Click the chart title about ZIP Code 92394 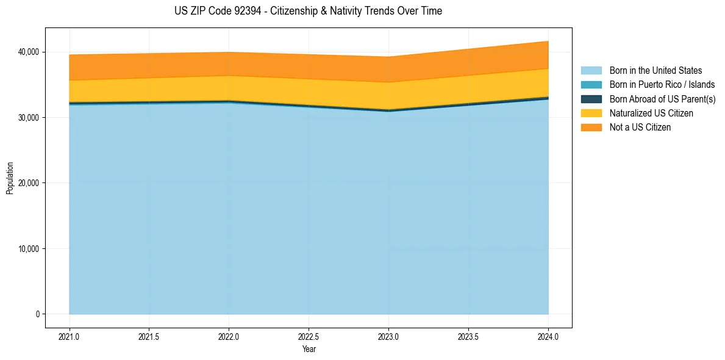(x=308, y=11)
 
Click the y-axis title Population (x=10, y=178)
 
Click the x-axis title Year (x=309, y=349)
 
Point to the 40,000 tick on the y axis (x=28, y=52)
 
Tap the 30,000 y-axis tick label (x=28, y=117)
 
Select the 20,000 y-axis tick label (x=28, y=183)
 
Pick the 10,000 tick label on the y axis (x=28, y=249)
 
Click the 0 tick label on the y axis (x=37, y=314)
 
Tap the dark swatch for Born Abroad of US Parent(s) (x=591, y=99)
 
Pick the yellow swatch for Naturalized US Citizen (x=591, y=113)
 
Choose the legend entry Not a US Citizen (x=640, y=128)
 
